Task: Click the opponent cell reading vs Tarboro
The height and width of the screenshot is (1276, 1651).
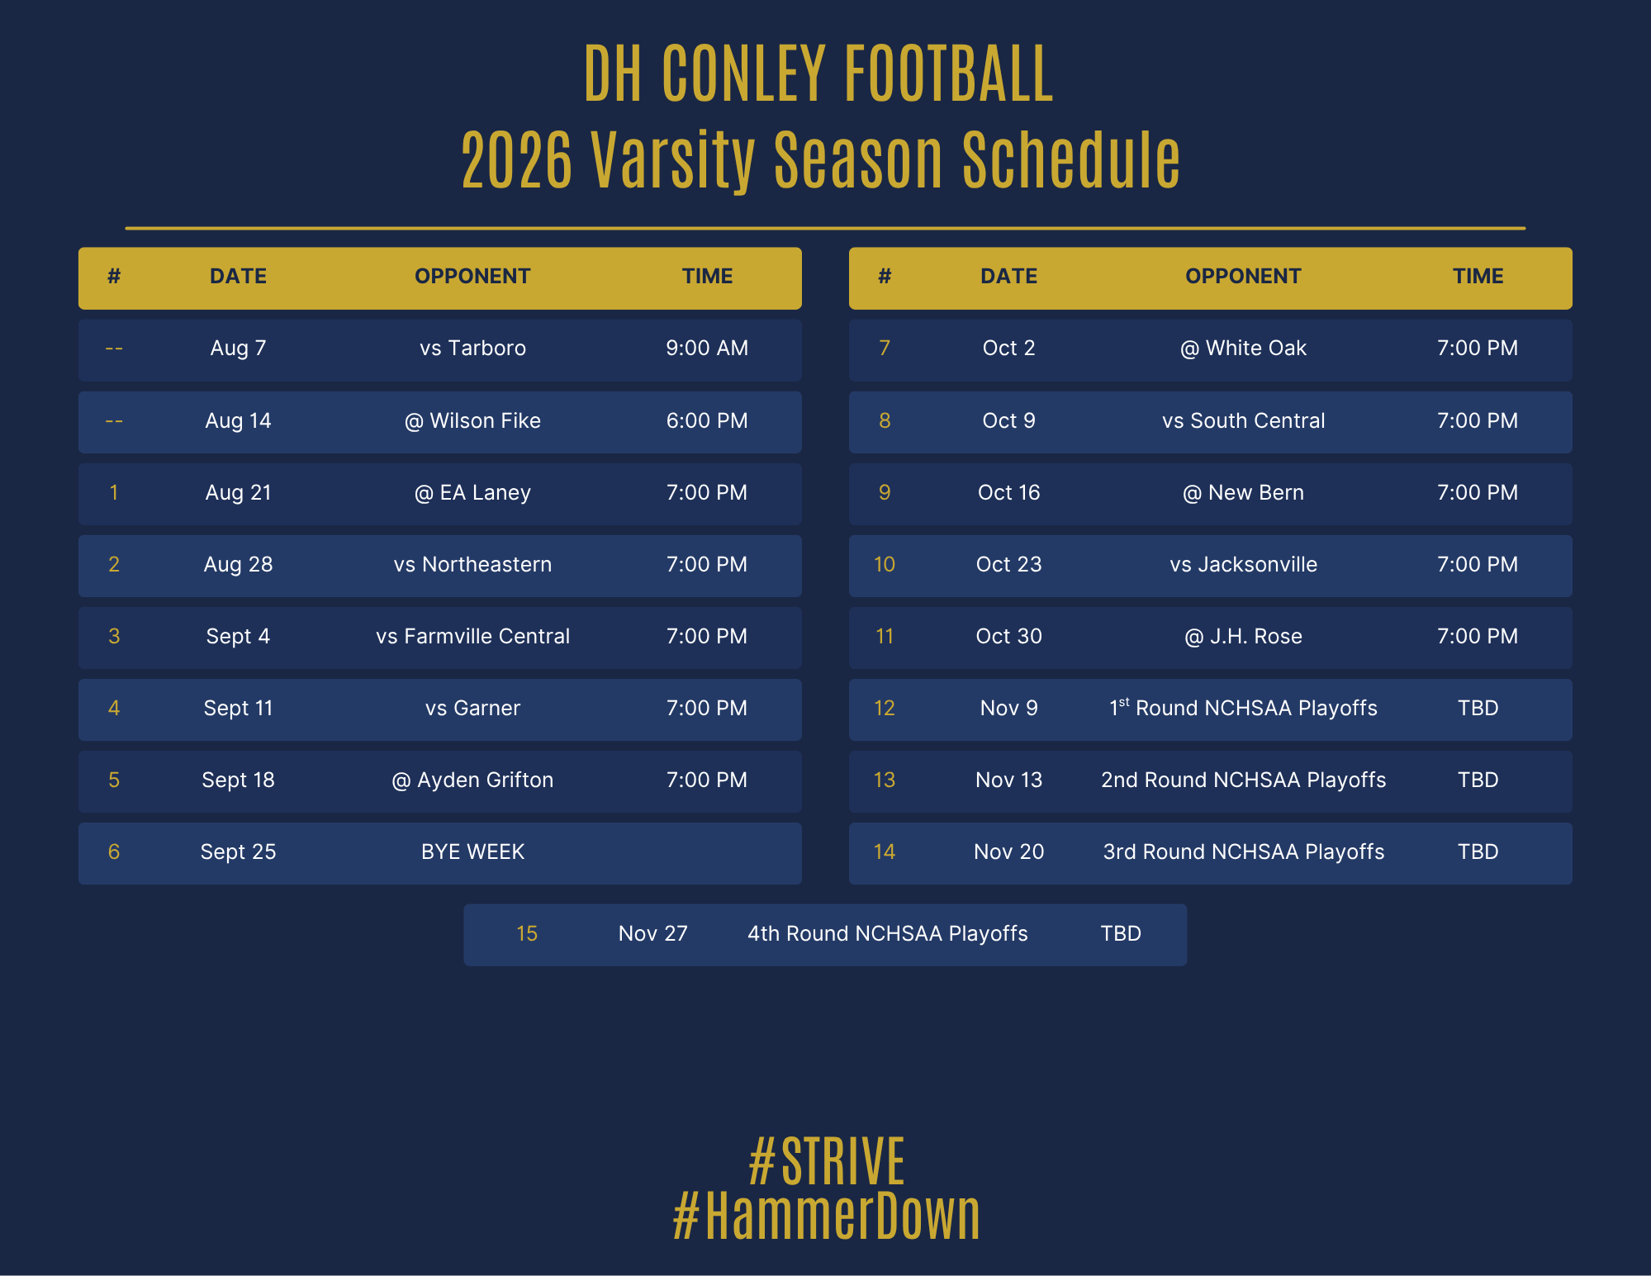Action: click(x=472, y=349)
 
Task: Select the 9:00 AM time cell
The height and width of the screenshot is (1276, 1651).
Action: click(x=707, y=349)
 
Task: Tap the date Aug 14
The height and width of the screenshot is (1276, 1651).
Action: click(x=238, y=421)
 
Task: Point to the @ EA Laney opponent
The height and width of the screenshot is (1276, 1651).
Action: click(x=472, y=493)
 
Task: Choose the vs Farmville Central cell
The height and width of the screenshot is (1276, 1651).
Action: click(x=472, y=637)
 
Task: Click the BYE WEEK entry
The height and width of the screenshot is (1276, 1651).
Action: click(x=472, y=852)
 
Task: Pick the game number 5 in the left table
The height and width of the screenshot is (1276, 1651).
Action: click(x=114, y=780)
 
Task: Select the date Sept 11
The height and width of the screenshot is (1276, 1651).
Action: click(x=238, y=709)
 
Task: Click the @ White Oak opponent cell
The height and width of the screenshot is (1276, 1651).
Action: click(x=1243, y=349)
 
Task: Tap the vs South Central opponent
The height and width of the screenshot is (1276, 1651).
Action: click(x=1243, y=421)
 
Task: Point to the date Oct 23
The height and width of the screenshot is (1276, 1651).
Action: click(x=1008, y=565)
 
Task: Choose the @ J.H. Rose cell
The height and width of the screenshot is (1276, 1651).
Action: click(x=1243, y=637)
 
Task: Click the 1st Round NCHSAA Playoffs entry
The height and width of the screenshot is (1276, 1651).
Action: click(x=1243, y=708)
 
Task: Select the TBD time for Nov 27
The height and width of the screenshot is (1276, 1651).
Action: click(x=1121, y=934)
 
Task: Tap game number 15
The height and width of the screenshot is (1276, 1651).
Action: click(x=527, y=934)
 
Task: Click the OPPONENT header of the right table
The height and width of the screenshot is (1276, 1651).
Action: click(x=1243, y=277)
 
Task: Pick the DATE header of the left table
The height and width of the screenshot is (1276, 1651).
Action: click(x=238, y=277)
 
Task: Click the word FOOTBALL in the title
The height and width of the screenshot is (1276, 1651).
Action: click(x=949, y=74)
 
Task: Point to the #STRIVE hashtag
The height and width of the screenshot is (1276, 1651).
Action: click(x=826, y=1161)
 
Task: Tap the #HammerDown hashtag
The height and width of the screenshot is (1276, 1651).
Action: click(x=826, y=1216)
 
